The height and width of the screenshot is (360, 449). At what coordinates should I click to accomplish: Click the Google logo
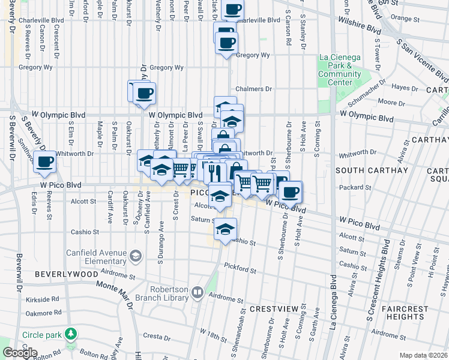(x=19, y=353)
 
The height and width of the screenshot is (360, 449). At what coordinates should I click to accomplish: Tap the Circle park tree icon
(x=71, y=333)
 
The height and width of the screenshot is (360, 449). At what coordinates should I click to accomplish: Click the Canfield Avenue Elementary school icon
(x=136, y=256)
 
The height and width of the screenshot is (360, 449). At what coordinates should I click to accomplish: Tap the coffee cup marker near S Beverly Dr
(x=45, y=161)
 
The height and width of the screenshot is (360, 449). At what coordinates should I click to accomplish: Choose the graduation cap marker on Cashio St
(x=225, y=229)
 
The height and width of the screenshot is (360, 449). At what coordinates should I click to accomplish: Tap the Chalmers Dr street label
(x=254, y=89)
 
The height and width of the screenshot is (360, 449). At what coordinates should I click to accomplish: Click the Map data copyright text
(x=424, y=355)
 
